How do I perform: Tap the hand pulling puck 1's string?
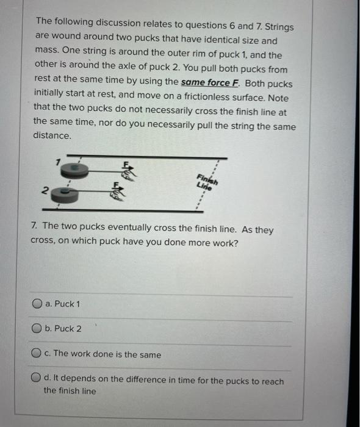(128, 174)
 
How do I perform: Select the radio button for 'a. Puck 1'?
(38, 304)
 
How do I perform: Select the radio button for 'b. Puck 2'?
(38, 329)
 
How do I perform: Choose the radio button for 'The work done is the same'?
(38, 354)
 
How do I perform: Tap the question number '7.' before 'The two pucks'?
(36, 226)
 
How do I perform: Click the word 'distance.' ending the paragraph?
(52, 136)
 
